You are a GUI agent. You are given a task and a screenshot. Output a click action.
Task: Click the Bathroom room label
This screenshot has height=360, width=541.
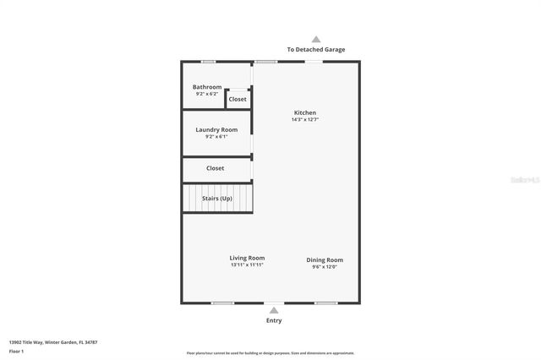click(207, 87)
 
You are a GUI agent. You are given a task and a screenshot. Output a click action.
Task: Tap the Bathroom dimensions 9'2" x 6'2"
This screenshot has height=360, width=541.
click(207, 94)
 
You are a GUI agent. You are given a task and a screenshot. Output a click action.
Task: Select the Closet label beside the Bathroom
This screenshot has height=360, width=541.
click(238, 100)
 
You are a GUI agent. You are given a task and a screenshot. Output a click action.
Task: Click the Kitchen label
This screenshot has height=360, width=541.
click(305, 113)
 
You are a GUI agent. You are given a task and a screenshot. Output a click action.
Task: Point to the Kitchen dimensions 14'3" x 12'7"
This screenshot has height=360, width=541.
click(305, 120)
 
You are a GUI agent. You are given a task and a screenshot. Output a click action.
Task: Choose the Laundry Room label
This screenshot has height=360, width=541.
click(216, 130)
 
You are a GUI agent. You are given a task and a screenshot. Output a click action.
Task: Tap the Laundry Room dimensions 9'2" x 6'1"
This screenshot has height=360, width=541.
click(216, 137)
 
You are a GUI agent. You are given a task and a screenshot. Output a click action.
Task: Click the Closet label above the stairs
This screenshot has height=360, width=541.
click(216, 168)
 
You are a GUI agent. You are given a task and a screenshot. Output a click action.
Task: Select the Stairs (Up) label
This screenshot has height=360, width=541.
click(217, 199)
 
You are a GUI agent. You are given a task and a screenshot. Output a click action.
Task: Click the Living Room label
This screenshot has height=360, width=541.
click(248, 258)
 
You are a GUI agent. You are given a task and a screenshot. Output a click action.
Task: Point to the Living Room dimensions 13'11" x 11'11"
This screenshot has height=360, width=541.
click(248, 265)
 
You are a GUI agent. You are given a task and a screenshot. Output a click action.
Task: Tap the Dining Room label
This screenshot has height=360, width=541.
click(325, 259)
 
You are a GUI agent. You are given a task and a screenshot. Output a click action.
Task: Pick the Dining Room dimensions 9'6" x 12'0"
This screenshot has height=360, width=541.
click(325, 267)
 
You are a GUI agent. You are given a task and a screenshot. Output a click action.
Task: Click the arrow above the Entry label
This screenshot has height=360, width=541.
click(273, 311)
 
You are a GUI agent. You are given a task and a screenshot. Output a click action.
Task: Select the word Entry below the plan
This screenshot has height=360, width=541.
click(274, 321)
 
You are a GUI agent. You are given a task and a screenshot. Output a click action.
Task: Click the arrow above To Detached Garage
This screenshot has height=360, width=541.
click(316, 39)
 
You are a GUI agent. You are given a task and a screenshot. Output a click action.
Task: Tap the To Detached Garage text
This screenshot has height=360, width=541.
click(316, 50)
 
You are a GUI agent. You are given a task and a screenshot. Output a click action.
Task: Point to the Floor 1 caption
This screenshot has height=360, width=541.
click(17, 351)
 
